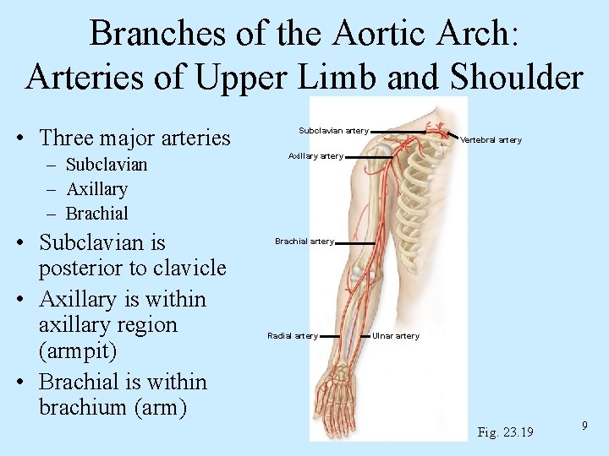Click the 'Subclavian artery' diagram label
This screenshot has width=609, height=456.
(333, 131)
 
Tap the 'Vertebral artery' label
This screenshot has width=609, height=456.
(491, 140)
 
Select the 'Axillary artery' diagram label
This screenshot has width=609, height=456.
(315, 156)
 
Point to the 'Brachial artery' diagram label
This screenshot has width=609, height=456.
(304, 242)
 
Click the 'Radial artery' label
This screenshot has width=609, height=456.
(293, 336)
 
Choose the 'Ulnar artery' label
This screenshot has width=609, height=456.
(396, 336)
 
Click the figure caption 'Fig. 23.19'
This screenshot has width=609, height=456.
(505, 432)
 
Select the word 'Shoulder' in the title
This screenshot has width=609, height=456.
(516, 77)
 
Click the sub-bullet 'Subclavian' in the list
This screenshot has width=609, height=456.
(107, 165)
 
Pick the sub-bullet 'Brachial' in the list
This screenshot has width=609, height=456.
(97, 214)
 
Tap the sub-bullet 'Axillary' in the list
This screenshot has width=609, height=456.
(96, 189)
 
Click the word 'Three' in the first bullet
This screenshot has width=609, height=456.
(70, 137)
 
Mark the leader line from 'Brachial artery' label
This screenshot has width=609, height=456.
(355, 242)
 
